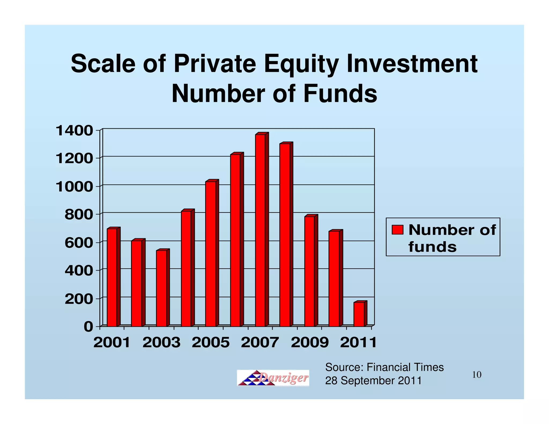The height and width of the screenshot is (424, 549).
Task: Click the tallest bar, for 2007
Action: (x=260, y=230)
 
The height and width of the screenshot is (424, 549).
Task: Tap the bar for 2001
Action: (x=112, y=277)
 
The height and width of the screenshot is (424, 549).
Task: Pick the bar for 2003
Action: (x=161, y=288)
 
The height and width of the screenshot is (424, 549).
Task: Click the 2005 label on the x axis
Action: (x=211, y=343)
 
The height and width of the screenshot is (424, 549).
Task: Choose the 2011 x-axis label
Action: (x=359, y=343)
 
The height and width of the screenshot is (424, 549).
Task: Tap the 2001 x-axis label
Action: (x=112, y=343)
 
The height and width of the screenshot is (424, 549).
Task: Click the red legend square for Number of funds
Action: (x=397, y=230)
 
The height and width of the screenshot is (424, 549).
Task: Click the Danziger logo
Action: (x=273, y=378)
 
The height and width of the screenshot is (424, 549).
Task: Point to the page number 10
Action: (x=477, y=375)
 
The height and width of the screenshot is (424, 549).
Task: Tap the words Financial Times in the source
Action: (x=405, y=367)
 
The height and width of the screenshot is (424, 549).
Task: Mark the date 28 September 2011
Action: (x=373, y=381)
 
